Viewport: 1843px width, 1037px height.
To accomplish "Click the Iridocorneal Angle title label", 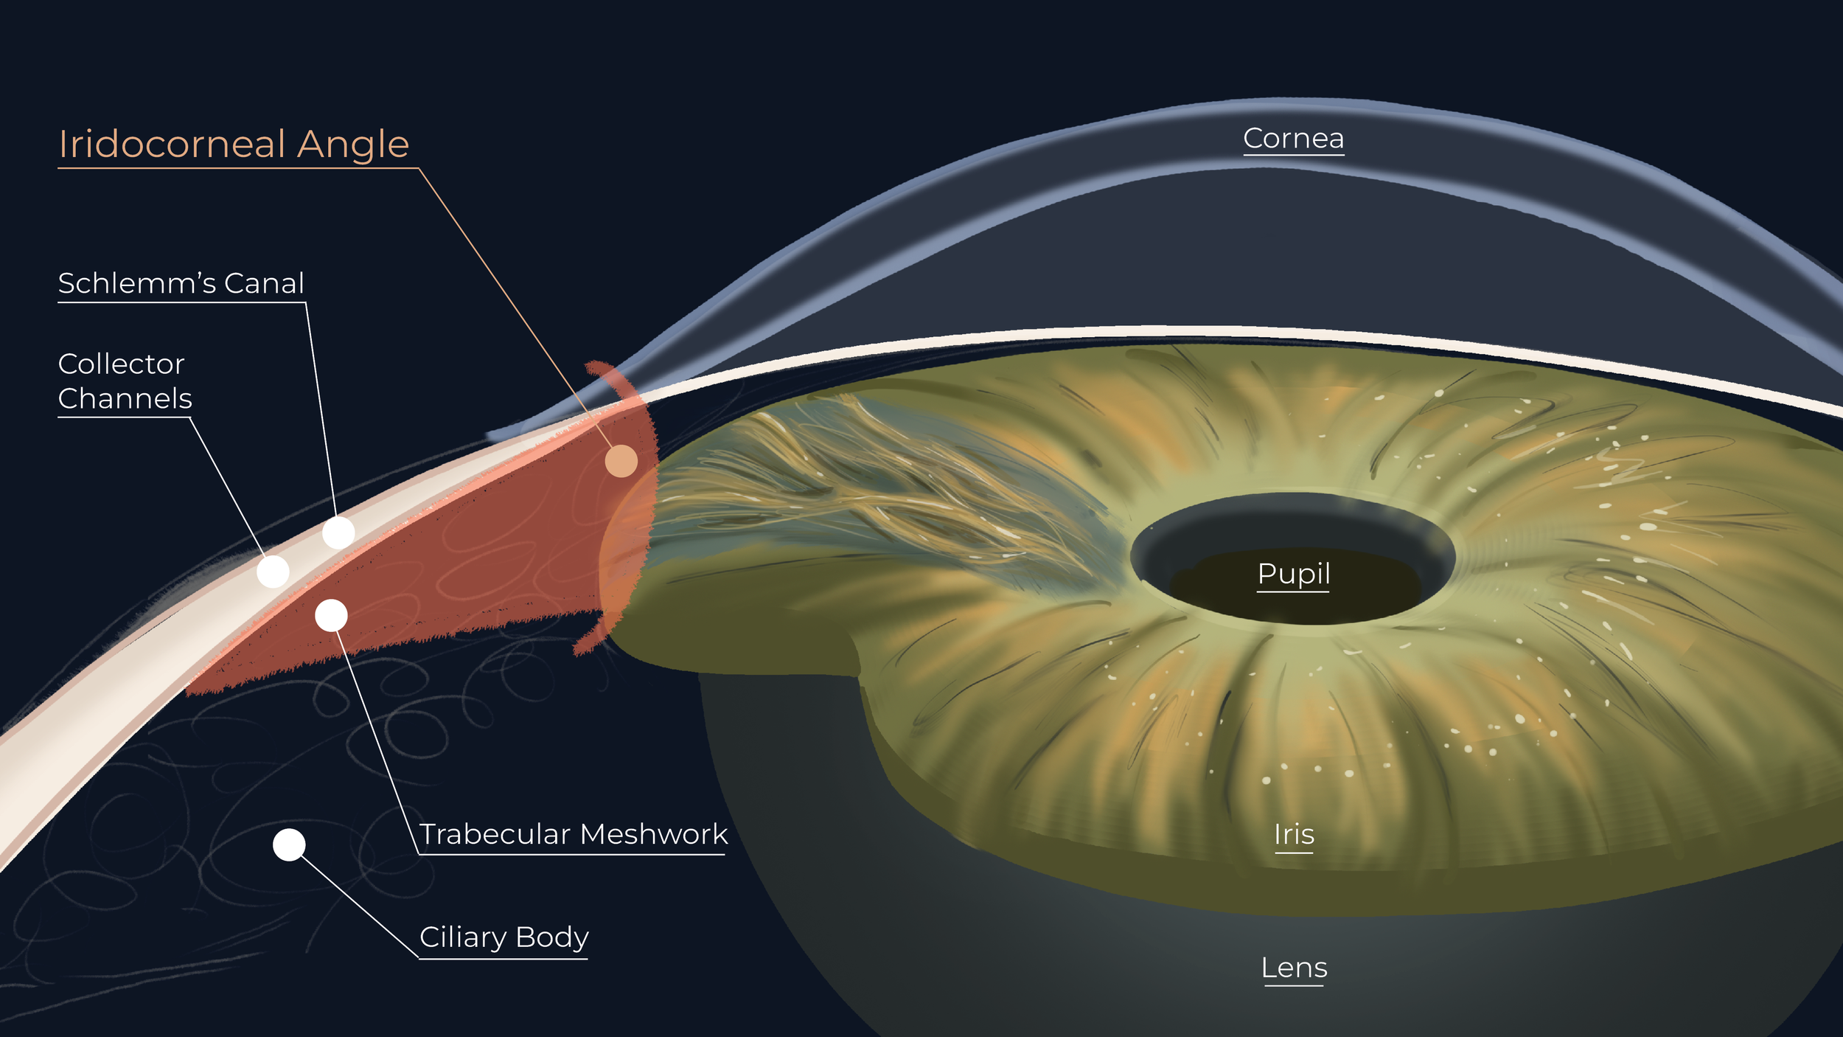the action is (234, 144).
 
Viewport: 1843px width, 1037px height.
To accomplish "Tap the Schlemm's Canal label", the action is (181, 283).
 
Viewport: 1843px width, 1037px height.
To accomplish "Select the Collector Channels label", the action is (124, 381).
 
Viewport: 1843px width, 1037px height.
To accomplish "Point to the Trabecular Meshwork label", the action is (573, 834).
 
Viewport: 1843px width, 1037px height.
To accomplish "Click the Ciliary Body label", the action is (504, 937).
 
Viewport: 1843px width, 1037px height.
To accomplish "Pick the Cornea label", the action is (1293, 139).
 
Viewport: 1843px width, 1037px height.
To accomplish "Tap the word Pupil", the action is (1294, 574).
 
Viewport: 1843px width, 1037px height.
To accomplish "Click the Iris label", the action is (1294, 835).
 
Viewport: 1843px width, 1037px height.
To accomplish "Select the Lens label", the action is (1294, 968).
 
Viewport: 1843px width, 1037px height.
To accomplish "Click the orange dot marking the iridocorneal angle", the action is (621, 461).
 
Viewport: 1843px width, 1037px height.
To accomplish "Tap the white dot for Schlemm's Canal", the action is (338, 532).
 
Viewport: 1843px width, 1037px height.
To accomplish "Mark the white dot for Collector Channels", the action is (273, 572).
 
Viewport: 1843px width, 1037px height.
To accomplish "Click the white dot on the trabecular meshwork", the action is (331, 615).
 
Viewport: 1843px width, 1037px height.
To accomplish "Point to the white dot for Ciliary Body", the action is (289, 844).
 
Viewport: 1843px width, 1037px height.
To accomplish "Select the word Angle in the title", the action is (352, 144).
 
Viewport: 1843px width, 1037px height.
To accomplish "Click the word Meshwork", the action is (653, 834).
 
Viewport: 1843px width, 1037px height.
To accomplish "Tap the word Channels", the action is (125, 398).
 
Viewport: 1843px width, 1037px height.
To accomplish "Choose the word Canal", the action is (264, 283).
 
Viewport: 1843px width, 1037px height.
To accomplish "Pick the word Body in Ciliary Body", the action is (551, 937).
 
